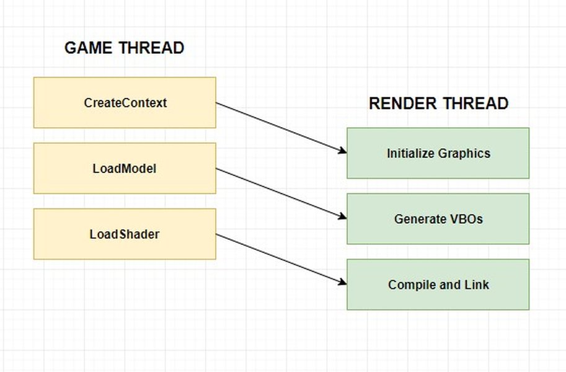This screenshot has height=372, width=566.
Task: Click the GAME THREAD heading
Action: [124, 48]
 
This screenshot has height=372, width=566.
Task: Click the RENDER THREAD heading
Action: [438, 104]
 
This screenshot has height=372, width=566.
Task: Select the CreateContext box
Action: [125, 103]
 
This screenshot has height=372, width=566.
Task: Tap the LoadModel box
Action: [125, 169]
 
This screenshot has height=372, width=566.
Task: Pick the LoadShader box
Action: [125, 234]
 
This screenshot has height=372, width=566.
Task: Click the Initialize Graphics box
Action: [438, 153]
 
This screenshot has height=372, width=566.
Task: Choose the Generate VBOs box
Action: [438, 219]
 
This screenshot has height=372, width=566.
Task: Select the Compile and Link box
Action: [438, 285]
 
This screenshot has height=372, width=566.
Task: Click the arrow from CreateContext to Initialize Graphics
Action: [281, 127]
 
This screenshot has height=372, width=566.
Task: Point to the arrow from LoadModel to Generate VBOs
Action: [281, 193]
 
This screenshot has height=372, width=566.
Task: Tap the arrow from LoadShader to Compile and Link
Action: [281, 259]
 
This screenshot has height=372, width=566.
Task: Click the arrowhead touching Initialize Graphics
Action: [342, 150]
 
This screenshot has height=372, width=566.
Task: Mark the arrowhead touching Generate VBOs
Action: [342, 216]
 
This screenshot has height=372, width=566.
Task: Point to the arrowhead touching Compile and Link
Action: [342, 281]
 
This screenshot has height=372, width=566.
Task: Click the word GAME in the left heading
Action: [88, 48]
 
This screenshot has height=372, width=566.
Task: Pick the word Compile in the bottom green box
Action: [410, 285]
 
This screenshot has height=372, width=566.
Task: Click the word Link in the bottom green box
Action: [476, 285]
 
